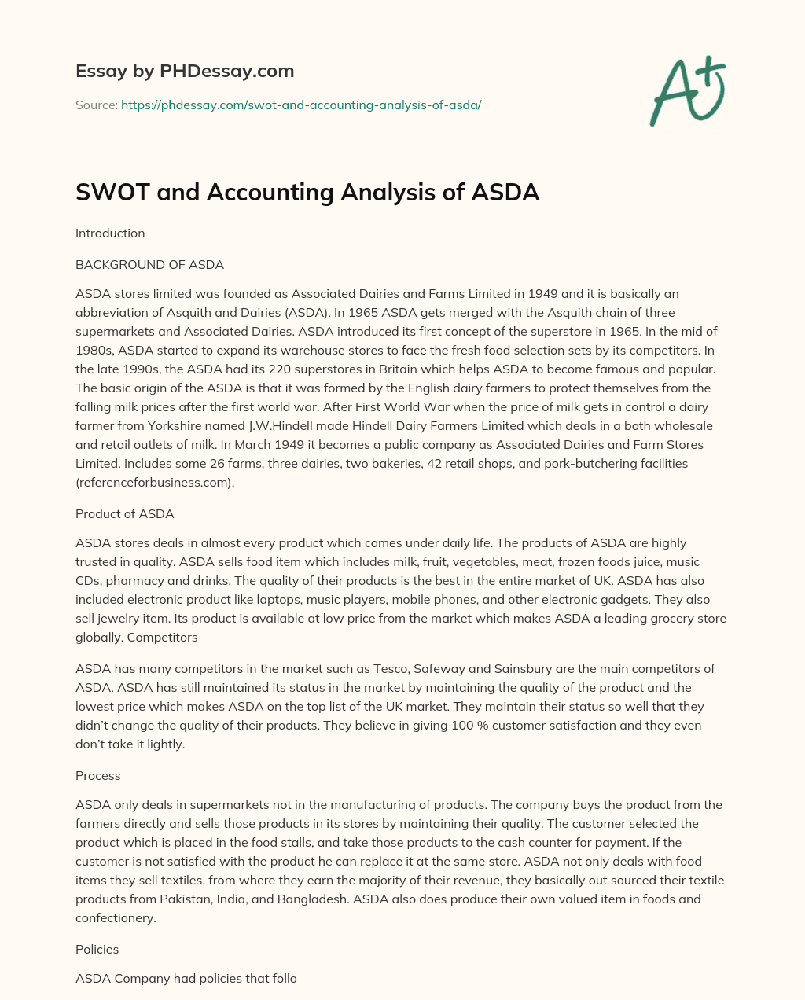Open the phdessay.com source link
click(x=301, y=105)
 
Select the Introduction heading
click(x=110, y=233)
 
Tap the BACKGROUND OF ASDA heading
click(x=149, y=264)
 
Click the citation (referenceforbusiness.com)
click(x=155, y=482)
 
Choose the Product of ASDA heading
click(x=124, y=513)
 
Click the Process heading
click(x=98, y=775)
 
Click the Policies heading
click(x=97, y=949)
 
